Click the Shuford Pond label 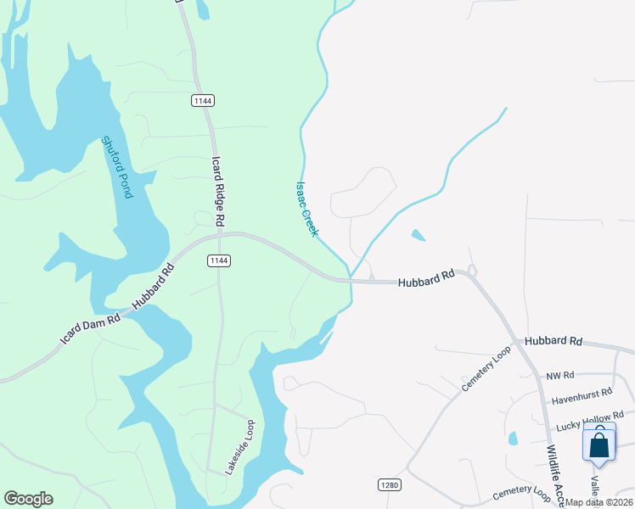pyautogui.click(x=117, y=167)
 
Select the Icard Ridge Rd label pyautogui.click(x=219, y=191)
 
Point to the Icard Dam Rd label pyautogui.click(x=90, y=326)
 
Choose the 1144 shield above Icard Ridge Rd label pyautogui.click(x=202, y=100)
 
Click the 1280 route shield pyautogui.click(x=388, y=484)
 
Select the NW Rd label pyautogui.click(x=560, y=375)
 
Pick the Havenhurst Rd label pyautogui.click(x=582, y=394)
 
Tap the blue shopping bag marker pyautogui.click(x=599, y=445)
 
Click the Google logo pyautogui.click(x=28, y=499)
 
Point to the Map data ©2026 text pyautogui.click(x=598, y=502)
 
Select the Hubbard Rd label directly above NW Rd pyautogui.click(x=554, y=341)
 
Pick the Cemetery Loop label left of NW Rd pyautogui.click(x=486, y=368)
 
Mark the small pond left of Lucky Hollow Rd pyautogui.click(x=513, y=439)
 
